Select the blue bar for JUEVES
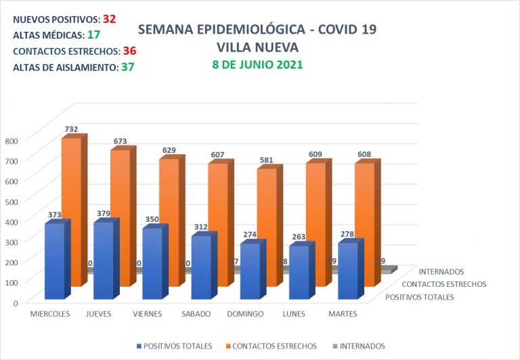[103, 261]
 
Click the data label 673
[120, 141]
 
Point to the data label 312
[201, 227]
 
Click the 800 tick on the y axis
[13, 140]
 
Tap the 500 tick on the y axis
[13, 201]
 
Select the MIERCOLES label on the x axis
[51, 314]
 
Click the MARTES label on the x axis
[343, 314]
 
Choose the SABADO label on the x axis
[196, 314]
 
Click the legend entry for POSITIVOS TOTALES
[177, 346]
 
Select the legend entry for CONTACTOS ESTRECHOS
[274, 346]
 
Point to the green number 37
[127, 67]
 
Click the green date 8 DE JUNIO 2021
[257, 65]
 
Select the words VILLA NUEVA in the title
[257, 47]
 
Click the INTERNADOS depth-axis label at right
[441, 272]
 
